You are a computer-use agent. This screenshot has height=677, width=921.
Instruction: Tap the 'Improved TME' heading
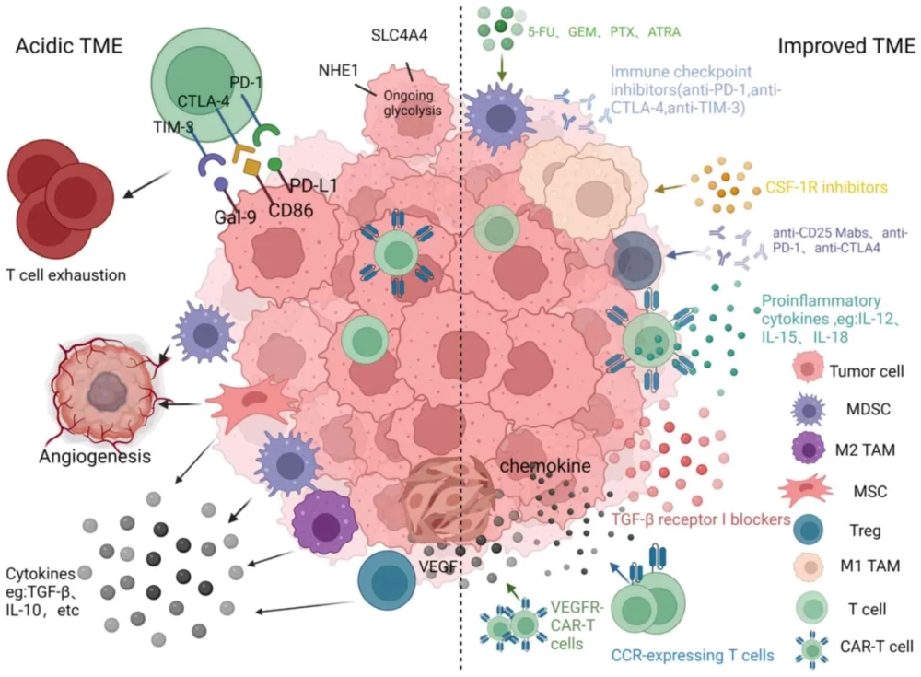pyautogui.click(x=839, y=46)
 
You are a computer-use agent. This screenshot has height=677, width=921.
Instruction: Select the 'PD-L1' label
pyautogui.click(x=309, y=183)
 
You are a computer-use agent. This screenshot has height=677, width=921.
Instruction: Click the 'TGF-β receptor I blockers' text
pyautogui.click(x=702, y=519)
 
